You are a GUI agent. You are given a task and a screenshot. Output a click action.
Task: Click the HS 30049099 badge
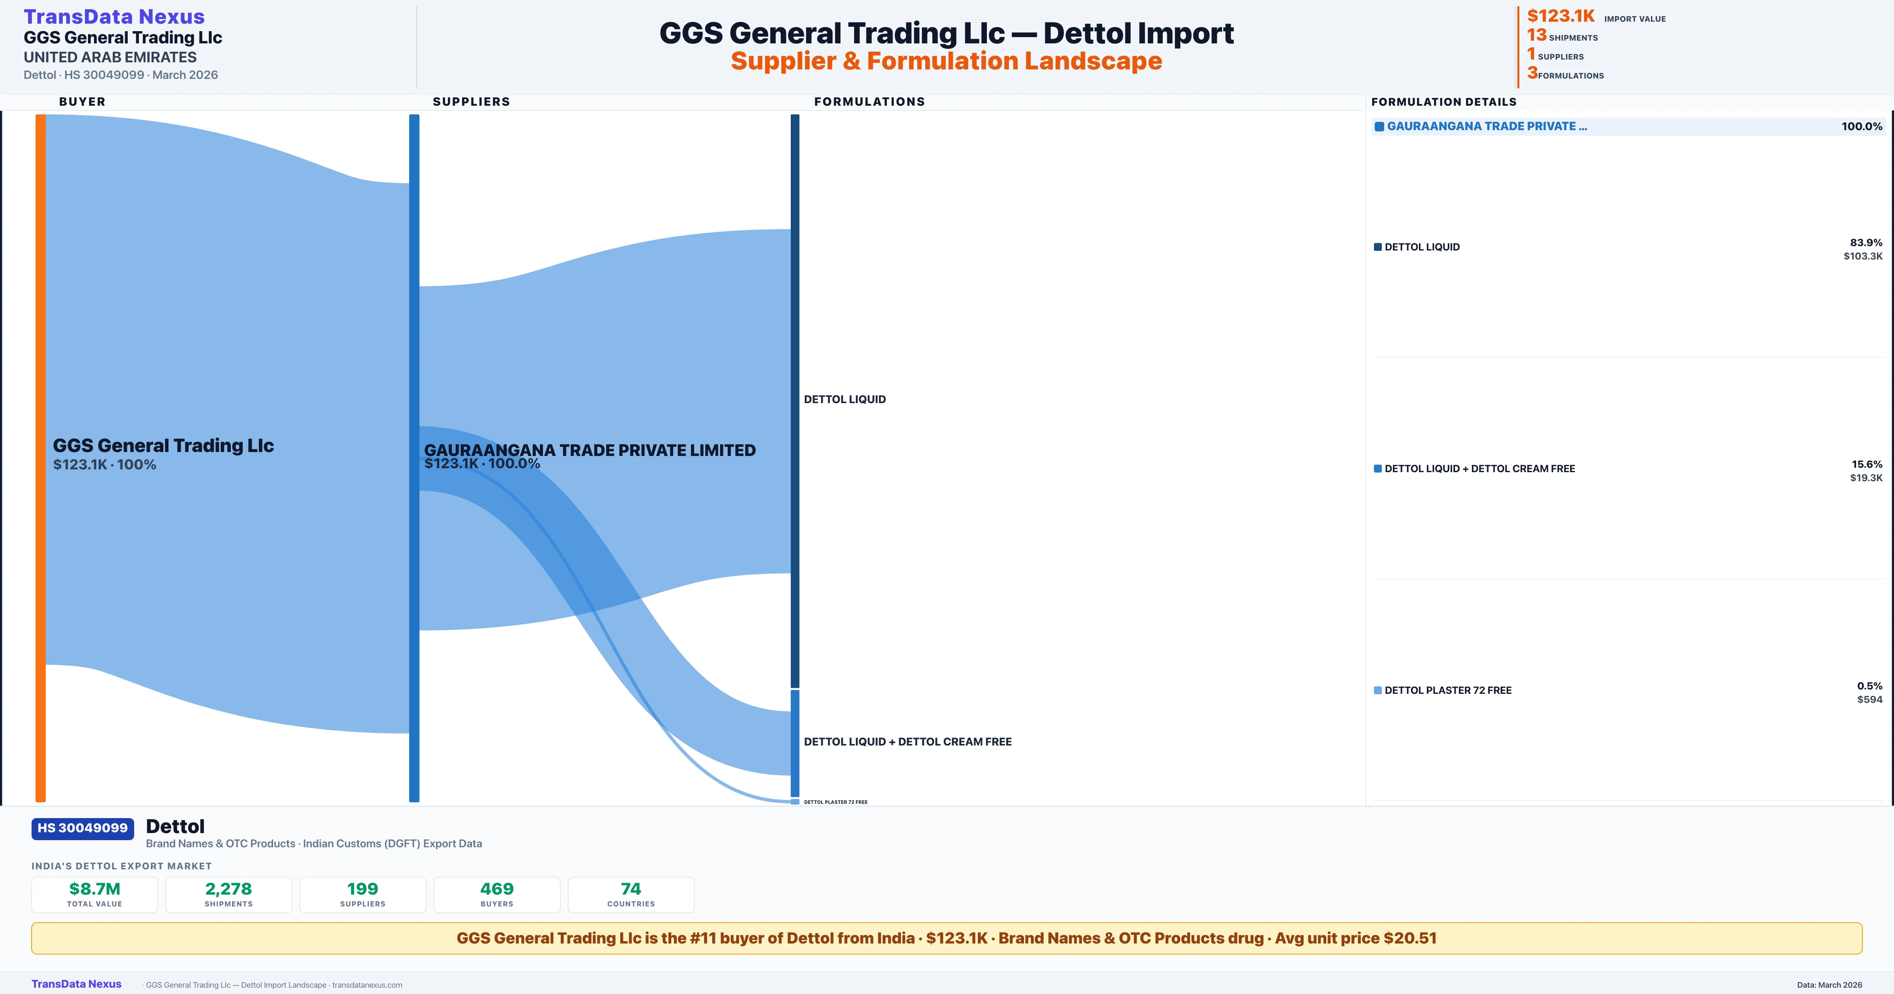point(82,828)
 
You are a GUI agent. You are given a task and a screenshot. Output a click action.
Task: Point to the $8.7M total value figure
point(95,889)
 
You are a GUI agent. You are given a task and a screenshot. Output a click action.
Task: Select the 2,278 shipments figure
point(229,889)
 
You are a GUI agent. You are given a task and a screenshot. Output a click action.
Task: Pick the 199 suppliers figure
point(363,889)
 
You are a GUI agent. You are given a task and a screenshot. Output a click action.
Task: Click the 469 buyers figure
point(497,889)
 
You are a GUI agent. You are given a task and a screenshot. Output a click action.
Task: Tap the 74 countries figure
point(631,889)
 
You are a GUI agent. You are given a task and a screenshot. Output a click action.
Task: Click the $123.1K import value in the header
point(1560,16)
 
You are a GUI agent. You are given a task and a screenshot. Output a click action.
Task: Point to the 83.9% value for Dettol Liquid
point(1865,243)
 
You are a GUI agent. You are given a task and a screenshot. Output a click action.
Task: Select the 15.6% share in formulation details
point(1866,464)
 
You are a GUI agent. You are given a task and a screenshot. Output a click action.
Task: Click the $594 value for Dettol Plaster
point(1869,699)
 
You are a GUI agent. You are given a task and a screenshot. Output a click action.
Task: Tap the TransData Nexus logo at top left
point(114,16)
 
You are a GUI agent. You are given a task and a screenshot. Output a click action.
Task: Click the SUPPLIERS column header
point(471,101)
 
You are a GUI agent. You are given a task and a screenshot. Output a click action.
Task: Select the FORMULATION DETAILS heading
point(1443,101)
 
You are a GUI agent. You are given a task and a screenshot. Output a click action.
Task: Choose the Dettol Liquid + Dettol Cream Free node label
point(907,742)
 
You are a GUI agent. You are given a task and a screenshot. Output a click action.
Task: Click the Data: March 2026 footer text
point(1829,985)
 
